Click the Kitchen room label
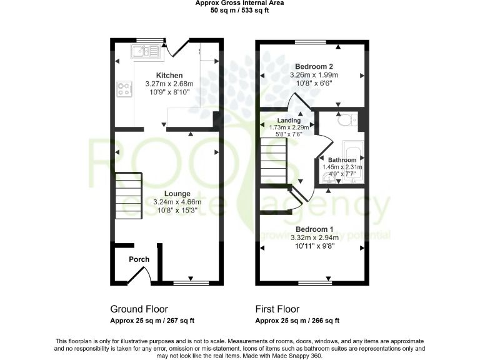[x=169, y=75]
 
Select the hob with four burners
[x=123, y=89]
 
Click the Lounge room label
[x=169, y=194]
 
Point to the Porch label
[x=139, y=259]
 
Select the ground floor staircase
[x=129, y=193]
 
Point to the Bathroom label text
[x=342, y=160]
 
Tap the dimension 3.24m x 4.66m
[x=169, y=202]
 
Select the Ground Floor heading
[x=139, y=309]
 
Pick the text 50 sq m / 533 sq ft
[x=239, y=11]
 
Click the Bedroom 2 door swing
[x=297, y=104]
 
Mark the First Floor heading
[x=277, y=309]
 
